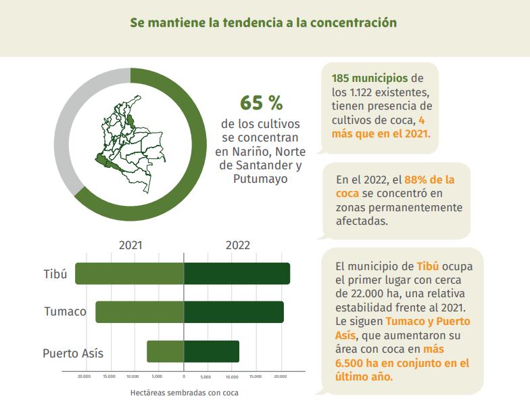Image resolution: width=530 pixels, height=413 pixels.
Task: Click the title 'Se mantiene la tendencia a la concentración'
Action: [x=264, y=22]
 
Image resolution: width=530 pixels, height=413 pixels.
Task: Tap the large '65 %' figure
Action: [x=261, y=104]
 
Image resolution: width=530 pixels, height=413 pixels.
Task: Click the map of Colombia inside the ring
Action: [x=130, y=142]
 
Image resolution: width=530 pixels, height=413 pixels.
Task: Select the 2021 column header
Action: [x=130, y=245]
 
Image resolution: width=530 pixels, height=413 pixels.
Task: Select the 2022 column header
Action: [x=238, y=245]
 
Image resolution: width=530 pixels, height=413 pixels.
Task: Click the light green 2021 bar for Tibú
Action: [x=129, y=274]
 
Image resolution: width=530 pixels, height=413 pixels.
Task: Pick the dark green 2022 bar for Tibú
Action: [x=237, y=274]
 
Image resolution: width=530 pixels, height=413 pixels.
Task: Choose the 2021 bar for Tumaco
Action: [x=139, y=312]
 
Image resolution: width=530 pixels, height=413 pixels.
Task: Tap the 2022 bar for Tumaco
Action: [x=234, y=312]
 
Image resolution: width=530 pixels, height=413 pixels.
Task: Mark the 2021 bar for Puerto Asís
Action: [x=165, y=351]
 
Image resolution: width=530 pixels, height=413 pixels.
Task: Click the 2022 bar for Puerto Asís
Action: [x=212, y=351]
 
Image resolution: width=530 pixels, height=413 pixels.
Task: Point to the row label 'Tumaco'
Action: [x=65, y=312]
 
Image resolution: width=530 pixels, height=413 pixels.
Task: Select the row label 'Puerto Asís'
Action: [x=73, y=353]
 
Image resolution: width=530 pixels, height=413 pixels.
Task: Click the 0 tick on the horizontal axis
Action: [x=184, y=376]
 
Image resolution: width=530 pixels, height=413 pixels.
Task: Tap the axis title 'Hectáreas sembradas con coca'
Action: [x=184, y=392]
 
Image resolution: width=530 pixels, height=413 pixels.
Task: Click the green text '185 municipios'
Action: [x=370, y=78]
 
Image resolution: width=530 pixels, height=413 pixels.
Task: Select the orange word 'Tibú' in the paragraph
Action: [x=427, y=266]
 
